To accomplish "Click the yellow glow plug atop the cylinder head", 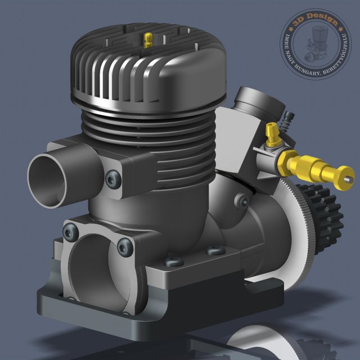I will pos(148,39).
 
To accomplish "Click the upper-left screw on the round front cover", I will pos(71,229).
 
